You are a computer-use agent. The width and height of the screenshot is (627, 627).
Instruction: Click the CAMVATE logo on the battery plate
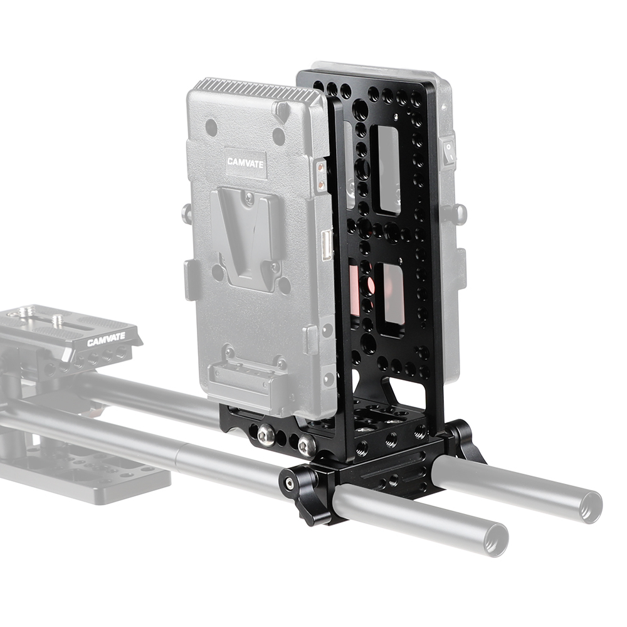[246, 162]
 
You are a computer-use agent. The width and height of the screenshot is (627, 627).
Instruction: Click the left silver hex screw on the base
[266, 435]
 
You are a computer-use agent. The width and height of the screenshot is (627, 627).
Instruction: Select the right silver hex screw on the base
[305, 446]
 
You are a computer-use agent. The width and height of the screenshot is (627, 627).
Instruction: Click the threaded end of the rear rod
[589, 505]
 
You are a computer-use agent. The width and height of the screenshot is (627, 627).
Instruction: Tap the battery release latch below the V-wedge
[247, 377]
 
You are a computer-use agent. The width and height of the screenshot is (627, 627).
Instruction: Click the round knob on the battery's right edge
[460, 214]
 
